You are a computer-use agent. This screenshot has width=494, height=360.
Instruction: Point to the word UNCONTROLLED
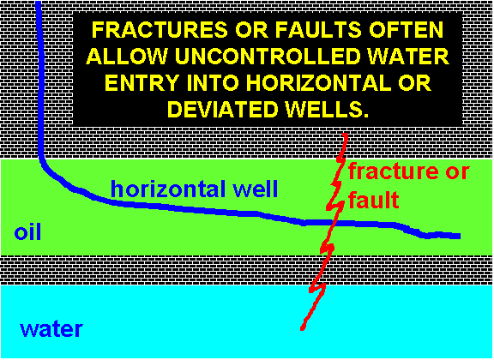pos(268,57)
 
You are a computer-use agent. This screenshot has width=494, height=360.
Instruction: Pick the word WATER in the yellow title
pos(407,57)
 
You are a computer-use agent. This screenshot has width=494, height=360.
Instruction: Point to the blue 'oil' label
pos(27,233)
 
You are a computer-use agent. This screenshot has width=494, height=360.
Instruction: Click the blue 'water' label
pos(51,329)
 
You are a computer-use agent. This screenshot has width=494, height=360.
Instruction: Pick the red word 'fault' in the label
pos(374,200)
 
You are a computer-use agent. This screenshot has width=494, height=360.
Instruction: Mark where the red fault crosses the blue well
pos(333,223)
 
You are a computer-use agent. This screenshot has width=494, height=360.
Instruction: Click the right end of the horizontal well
pos(460,236)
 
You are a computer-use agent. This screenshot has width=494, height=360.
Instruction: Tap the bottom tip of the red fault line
pos(302,329)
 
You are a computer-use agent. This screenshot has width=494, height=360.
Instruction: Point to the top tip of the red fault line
pos(345,135)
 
